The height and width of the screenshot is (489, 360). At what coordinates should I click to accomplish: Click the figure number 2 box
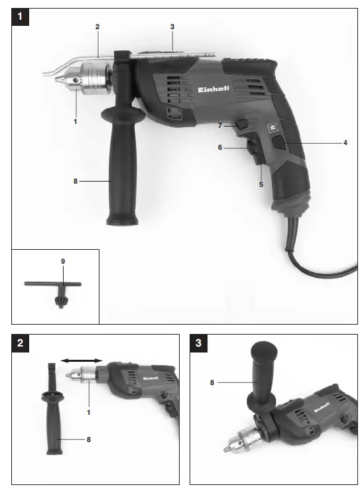[x=21, y=343]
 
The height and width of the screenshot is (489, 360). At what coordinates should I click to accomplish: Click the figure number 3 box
[x=199, y=343]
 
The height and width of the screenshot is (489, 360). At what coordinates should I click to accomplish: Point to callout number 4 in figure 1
[x=345, y=142]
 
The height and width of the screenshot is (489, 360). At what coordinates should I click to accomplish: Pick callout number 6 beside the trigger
[x=220, y=148]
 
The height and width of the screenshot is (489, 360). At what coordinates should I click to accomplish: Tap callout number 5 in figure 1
[x=261, y=184]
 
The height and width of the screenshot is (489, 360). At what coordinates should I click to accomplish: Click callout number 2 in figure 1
[x=97, y=27]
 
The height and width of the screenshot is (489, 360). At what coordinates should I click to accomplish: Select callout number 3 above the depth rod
[x=172, y=27]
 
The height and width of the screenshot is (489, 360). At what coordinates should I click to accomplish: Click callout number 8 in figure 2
[x=88, y=438]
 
